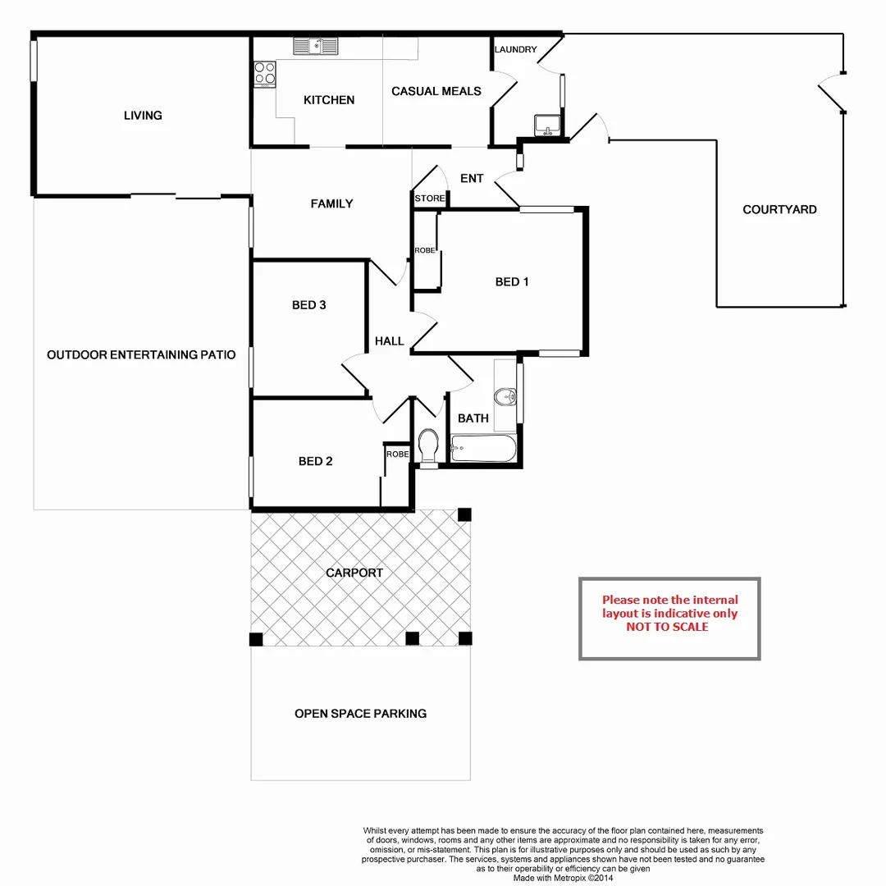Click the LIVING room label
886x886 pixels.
[x=143, y=116]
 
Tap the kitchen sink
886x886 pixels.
[x=316, y=47]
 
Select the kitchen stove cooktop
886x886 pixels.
[x=264, y=73]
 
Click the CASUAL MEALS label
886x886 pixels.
[x=436, y=91]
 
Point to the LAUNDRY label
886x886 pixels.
[x=516, y=50]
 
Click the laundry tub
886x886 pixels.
[x=547, y=126]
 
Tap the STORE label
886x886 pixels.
[x=430, y=199]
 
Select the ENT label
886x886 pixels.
[x=472, y=179]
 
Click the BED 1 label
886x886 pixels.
[x=512, y=282]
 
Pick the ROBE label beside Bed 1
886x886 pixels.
[x=424, y=250]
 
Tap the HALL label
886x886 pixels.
[x=390, y=340]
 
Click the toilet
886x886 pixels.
[x=427, y=445]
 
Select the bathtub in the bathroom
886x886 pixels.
[x=483, y=449]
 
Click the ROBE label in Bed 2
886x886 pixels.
[x=397, y=454]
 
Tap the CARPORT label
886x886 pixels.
[x=354, y=573]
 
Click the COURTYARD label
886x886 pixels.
[x=779, y=210]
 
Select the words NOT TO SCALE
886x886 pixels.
[x=667, y=627]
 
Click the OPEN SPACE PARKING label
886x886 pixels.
[x=360, y=714]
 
